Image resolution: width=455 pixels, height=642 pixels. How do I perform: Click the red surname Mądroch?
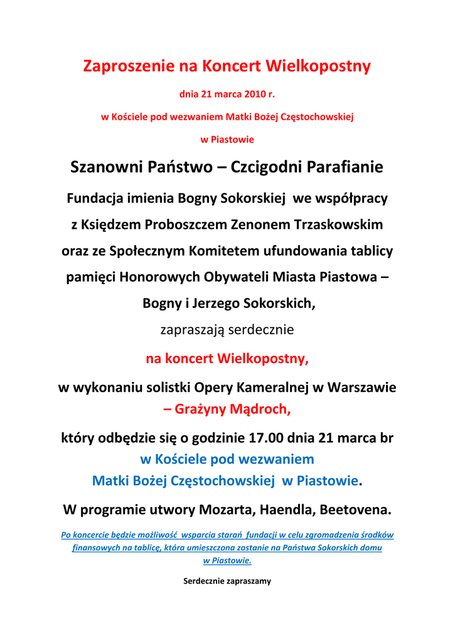258,410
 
